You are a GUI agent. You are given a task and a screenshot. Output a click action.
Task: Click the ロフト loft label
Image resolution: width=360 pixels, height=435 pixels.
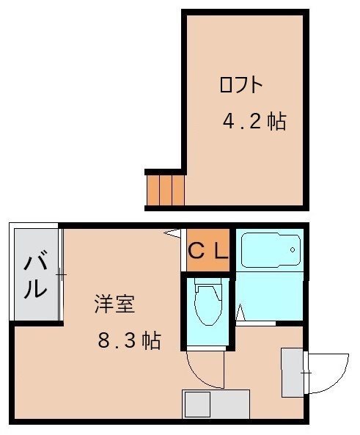[x=240, y=85]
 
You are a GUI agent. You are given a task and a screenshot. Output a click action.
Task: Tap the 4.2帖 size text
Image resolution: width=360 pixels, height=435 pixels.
[x=254, y=122]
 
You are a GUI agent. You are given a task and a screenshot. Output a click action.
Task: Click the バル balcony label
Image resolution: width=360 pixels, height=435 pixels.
[x=34, y=274]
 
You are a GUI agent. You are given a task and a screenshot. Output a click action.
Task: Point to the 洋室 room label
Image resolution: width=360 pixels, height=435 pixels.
[x=114, y=304]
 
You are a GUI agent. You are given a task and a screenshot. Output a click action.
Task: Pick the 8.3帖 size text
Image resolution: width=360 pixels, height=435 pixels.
[x=129, y=341]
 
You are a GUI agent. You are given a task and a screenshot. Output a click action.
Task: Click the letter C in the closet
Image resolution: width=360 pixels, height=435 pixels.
[x=196, y=251]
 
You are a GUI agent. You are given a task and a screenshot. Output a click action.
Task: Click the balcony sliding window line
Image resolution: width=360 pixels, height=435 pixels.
[x=62, y=274]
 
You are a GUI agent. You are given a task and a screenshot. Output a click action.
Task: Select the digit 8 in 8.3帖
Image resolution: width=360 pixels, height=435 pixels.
[x=103, y=341]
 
